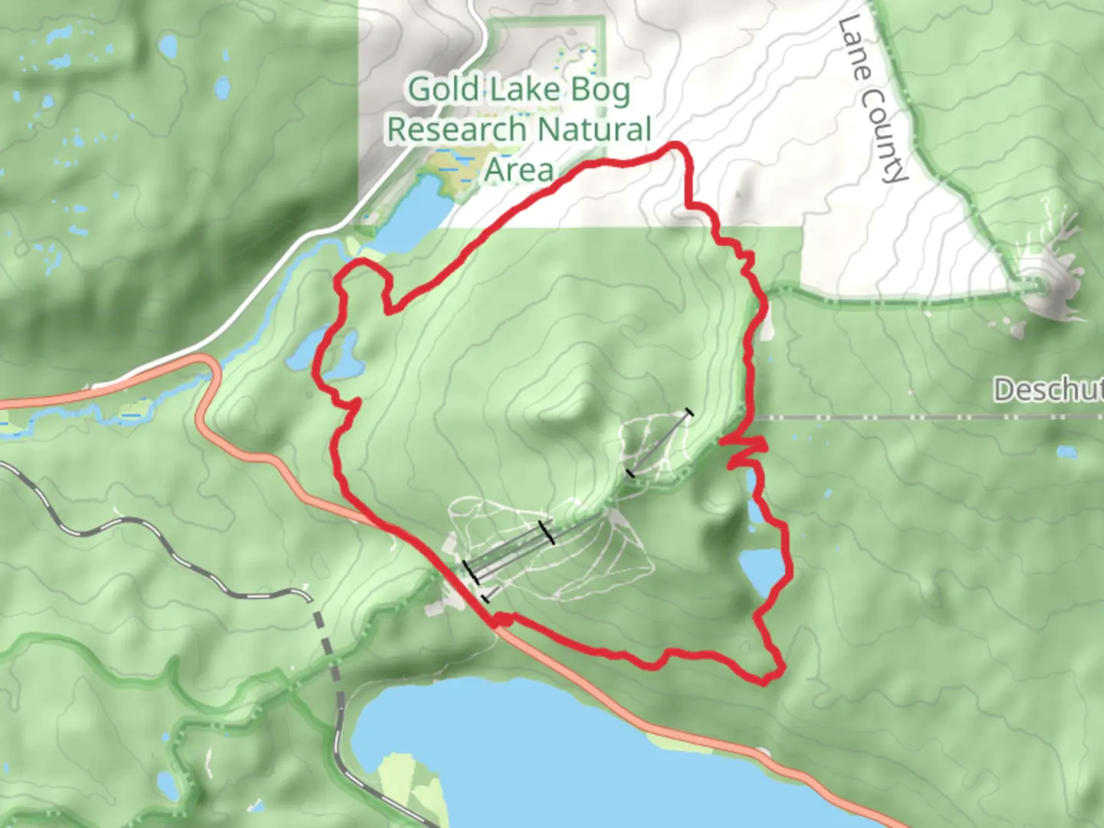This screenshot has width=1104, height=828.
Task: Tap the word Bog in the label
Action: [600, 90]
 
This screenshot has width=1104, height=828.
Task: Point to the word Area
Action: [518, 169]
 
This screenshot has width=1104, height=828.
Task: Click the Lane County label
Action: [872, 100]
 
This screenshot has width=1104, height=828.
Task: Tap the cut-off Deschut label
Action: [1048, 390]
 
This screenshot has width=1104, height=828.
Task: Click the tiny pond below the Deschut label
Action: [1066, 452]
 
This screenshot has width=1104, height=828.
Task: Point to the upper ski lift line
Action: [659, 443]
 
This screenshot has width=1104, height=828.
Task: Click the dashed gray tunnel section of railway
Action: [327, 652]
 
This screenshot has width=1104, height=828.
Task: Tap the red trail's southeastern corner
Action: [774, 675]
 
